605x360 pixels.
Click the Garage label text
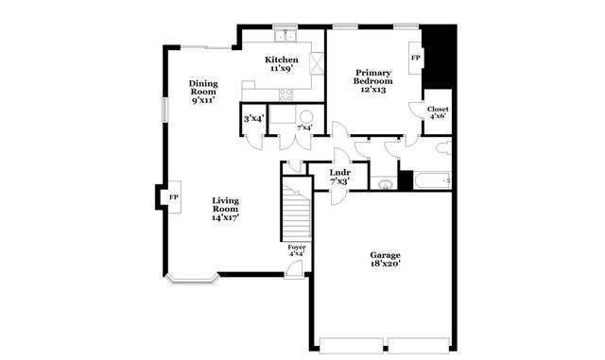point(385,256)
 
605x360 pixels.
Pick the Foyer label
point(297,249)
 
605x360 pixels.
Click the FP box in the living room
point(173,197)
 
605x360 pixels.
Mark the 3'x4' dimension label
point(252,119)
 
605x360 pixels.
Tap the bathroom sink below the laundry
point(385,184)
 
